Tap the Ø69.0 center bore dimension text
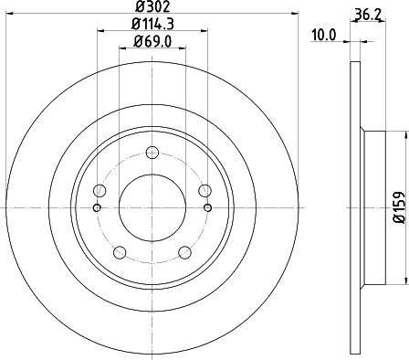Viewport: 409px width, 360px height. (152, 42)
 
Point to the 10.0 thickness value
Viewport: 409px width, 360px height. (325, 36)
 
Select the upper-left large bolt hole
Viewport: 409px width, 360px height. (100, 190)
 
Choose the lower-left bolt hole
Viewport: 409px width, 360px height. (120, 251)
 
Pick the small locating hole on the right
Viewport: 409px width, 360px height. (208, 207)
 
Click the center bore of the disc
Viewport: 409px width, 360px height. (152, 207)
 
